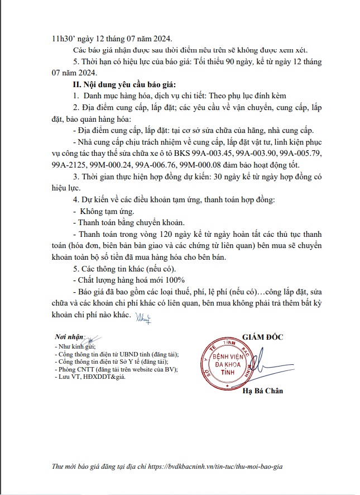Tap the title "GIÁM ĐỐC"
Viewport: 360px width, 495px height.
point(264,336)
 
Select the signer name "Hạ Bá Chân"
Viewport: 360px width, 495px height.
point(263,391)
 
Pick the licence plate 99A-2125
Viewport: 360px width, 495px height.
point(69,164)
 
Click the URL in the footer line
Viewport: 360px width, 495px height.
point(223,466)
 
